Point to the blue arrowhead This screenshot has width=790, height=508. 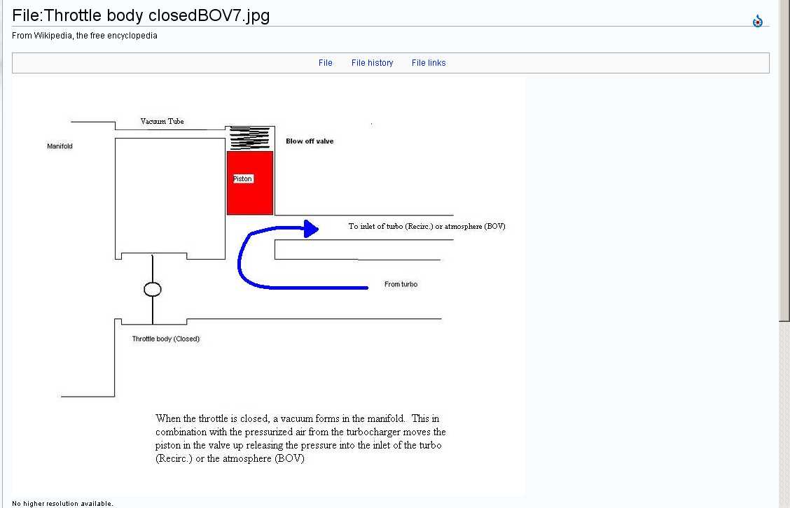tap(311, 227)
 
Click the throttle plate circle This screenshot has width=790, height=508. tap(152, 289)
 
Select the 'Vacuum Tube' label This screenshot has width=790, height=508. tap(162, 122)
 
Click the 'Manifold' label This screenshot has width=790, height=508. tap(60, 146)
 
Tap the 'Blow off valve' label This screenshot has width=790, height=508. tap(310, 141)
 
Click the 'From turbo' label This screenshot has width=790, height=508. tap(401, 284)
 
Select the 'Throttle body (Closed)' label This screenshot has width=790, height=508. tap(166, 339)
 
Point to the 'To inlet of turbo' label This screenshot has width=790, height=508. tap(427, 227)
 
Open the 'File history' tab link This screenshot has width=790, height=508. tap(372, 63)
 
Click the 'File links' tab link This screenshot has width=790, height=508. tap(429, 63)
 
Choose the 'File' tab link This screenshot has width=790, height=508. tap(325, 63)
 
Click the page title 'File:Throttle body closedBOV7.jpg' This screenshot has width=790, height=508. tap(141, 15)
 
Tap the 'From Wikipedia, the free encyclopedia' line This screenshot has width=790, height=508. tap(85, 36)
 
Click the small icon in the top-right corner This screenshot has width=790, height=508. tap(757, 22)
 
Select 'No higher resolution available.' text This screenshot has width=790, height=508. tap(62, 504)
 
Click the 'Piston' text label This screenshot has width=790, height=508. tap(242, 179)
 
